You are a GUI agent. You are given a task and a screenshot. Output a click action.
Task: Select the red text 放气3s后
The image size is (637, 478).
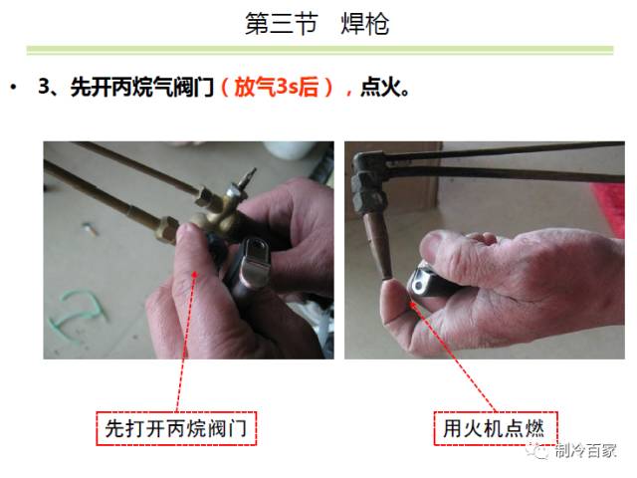pyautogui.click(x=281, y=88)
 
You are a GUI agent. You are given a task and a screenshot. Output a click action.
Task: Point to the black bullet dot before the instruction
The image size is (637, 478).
pyautogui.click(x=13, y=89)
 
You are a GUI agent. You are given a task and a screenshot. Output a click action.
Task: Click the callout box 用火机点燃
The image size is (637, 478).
pyautogui.click(x=495, y=429)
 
